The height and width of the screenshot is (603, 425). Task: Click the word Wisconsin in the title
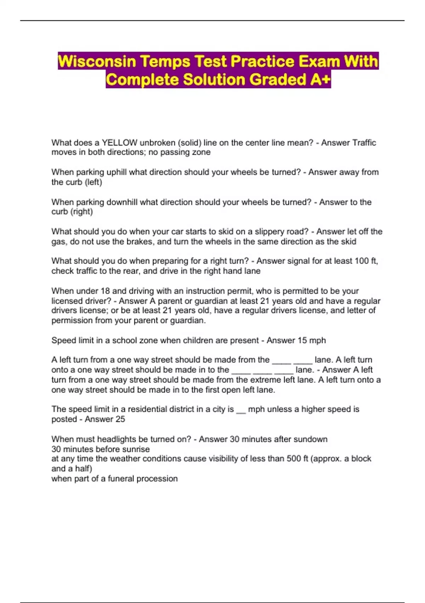tap(97, 61)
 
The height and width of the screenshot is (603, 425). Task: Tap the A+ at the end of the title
tap(320, 79)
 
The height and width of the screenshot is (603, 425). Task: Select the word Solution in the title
tap(214, 79)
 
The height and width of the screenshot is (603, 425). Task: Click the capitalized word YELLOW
tap(120, 143)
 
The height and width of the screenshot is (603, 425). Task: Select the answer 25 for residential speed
tap(120, 419)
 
